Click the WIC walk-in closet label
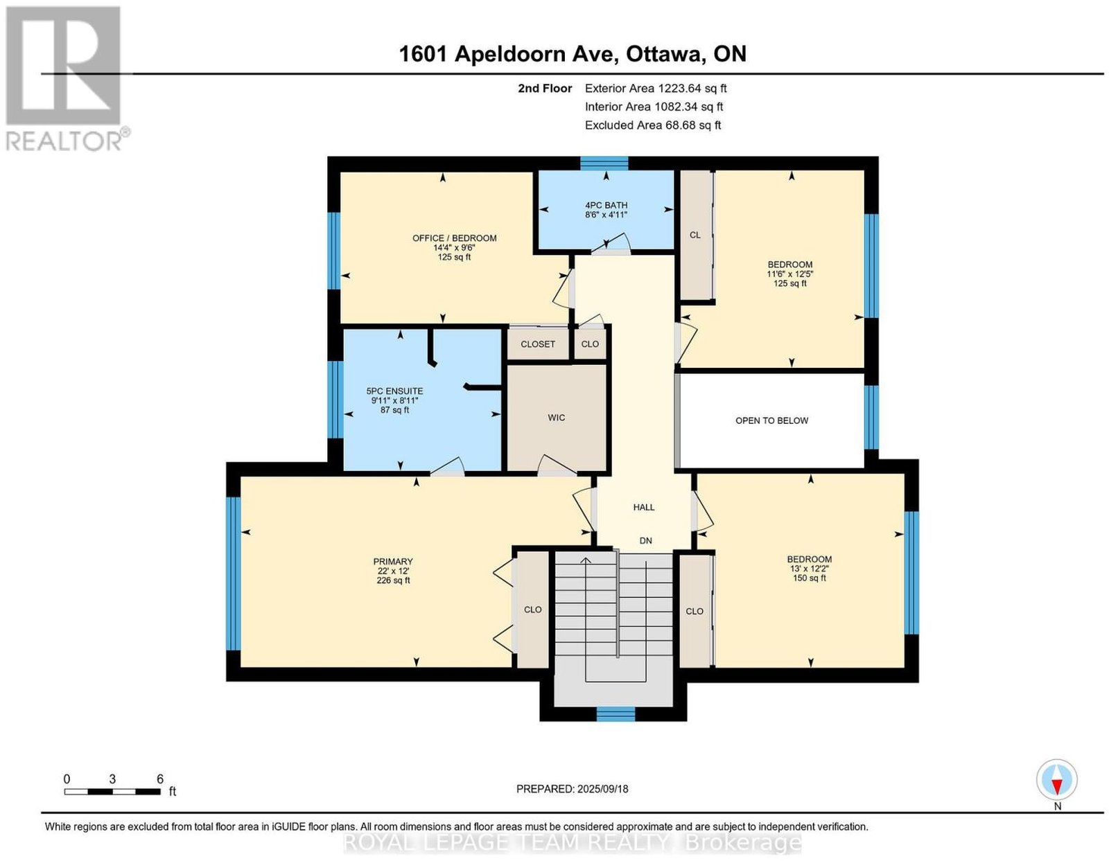[x=556, y=418]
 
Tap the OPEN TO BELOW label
[x=771, y=420]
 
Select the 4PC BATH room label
[x=606, y=205]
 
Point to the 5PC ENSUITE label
[x=394, y=391]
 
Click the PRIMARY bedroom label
[x=392, y=561]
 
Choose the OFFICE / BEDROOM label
[x=454, y=238]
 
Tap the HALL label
[x=643, y=507]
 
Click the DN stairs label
[x=645, y=540]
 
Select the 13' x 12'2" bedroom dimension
[x=810, y=569]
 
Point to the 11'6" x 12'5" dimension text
[x=790, y=274]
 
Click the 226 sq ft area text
[x=393, y=580]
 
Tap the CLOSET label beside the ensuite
[x=537, y=344]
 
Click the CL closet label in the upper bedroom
[x=695, y=235]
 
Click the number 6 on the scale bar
[x=159, y=779]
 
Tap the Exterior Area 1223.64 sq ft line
[x=655, y=88]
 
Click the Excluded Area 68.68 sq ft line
[x=652, y=125]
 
